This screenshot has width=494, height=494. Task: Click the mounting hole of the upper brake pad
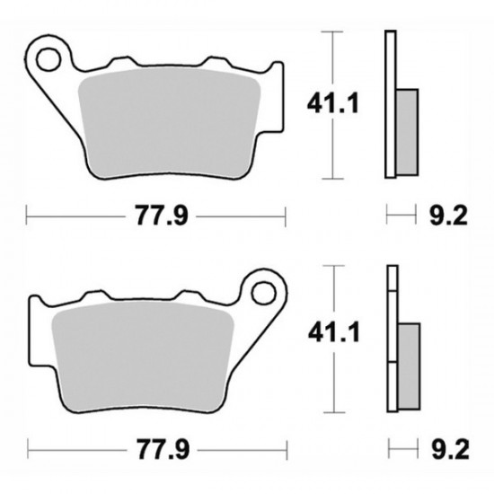47,56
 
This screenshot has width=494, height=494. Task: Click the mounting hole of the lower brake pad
263,293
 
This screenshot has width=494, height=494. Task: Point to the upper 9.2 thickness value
447,216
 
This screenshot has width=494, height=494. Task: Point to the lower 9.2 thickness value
447,448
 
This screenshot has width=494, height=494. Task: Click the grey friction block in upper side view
406,132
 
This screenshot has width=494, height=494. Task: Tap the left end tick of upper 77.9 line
27,216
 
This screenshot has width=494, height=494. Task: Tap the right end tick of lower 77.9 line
286,448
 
